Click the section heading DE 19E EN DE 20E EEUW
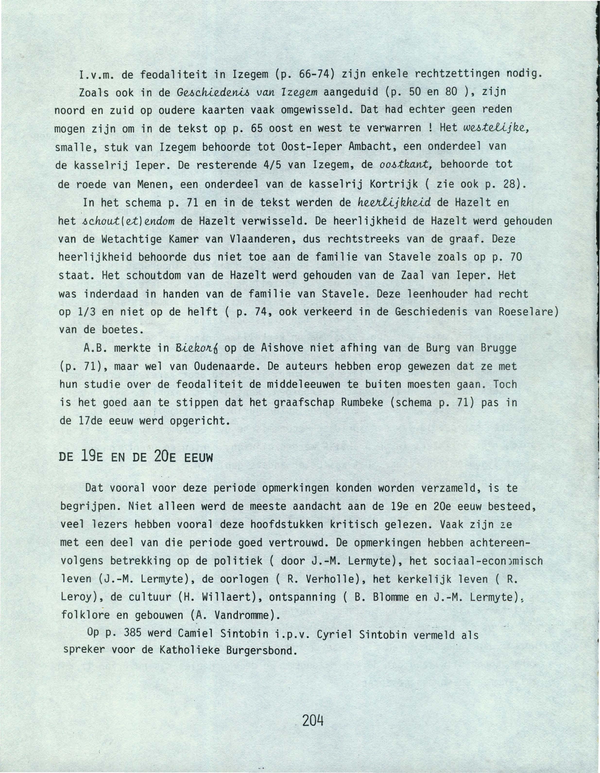click(x=136, y=458)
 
